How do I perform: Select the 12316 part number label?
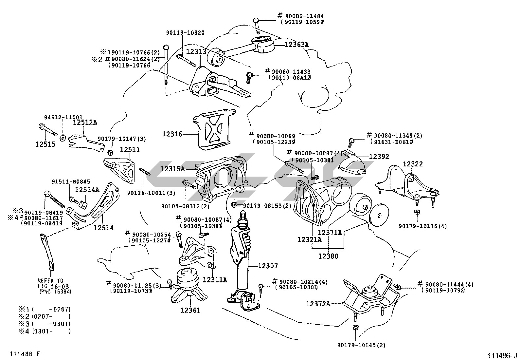click(x=172, y=134)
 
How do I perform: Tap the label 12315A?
click(x=172, y=169)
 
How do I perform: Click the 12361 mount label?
click(x=190, y=310)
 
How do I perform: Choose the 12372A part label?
click(x=318, y=304)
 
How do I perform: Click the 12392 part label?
click(x=379, y=157)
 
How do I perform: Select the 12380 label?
click(x=328, y=256)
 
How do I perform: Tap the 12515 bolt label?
click(x=45, y=144)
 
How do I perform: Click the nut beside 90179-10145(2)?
click(x=355, y=328)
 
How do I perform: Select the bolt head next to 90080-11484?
click(x=256, y=21)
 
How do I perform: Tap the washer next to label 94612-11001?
click(x=63, y=137)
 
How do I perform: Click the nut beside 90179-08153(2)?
click(x=234, y=205)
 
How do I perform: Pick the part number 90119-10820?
click(x=185, y=33)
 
